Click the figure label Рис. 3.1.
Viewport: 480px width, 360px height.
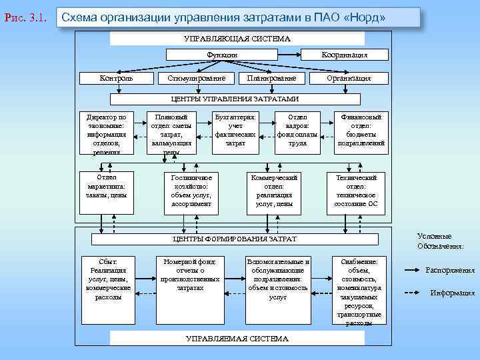click(25, 17)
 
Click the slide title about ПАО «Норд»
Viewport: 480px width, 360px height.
click(240, 17)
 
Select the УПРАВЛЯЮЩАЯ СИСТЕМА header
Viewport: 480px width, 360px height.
click(237, 39)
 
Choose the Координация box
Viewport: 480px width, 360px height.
click(345, 55)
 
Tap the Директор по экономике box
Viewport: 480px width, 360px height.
click(107, 133)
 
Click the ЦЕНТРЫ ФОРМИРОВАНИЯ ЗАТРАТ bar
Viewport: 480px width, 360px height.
click(235, 239)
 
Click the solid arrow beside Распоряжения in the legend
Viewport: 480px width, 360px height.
click(413, 270)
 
